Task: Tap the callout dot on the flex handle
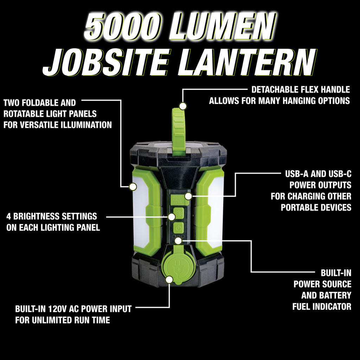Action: coord(183,106)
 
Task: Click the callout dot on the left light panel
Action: coord(133,187)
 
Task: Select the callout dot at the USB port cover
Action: coord(188,196)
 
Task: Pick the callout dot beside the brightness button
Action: coord(172,217)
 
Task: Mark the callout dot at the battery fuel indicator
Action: coord(178,240)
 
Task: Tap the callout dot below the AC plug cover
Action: coord(169,279)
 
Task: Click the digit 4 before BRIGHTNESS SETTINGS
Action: coord(9,217)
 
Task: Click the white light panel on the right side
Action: coord(216,212)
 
